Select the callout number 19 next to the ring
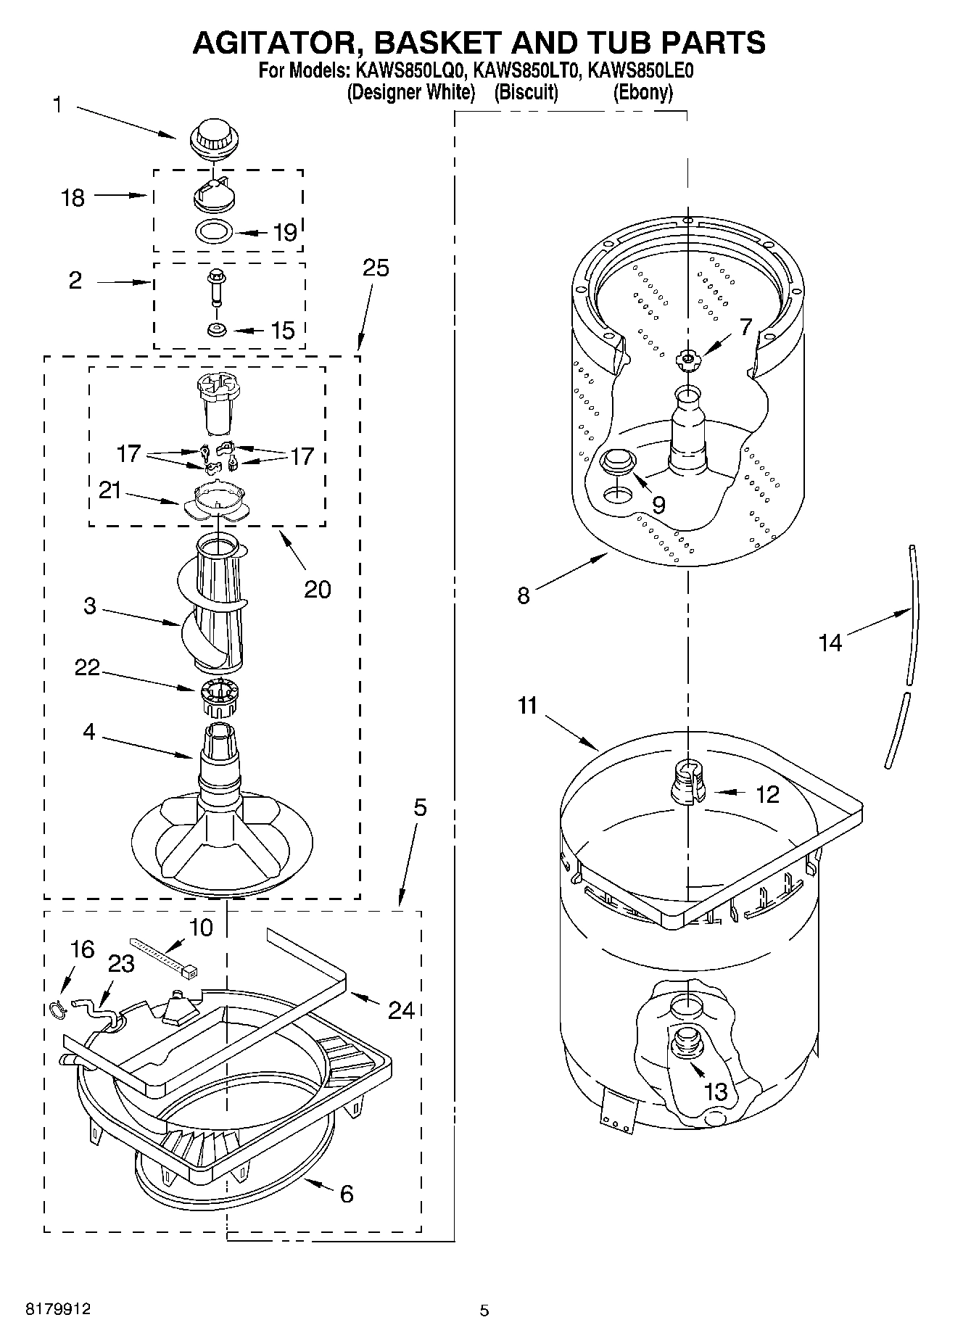pyautogui.click(x=285, y=233)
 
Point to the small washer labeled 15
pyautogui.click(x=216, y=330)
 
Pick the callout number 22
pyautogui.click(x=87, y=667)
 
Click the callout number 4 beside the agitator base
pyautogui.click(x=88, y=732)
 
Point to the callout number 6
pyautogui.click(x=347, y=1193)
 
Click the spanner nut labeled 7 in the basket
pyautogui.click(x=687, y=358)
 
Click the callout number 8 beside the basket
pyautogui.click(x=523, y=595)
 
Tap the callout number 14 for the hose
pyautogui.click(x=830, y=642)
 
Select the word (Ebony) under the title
pyautogui.click(x=642, y=93)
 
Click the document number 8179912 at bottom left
pyautogui.click(x=58, y=1309)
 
